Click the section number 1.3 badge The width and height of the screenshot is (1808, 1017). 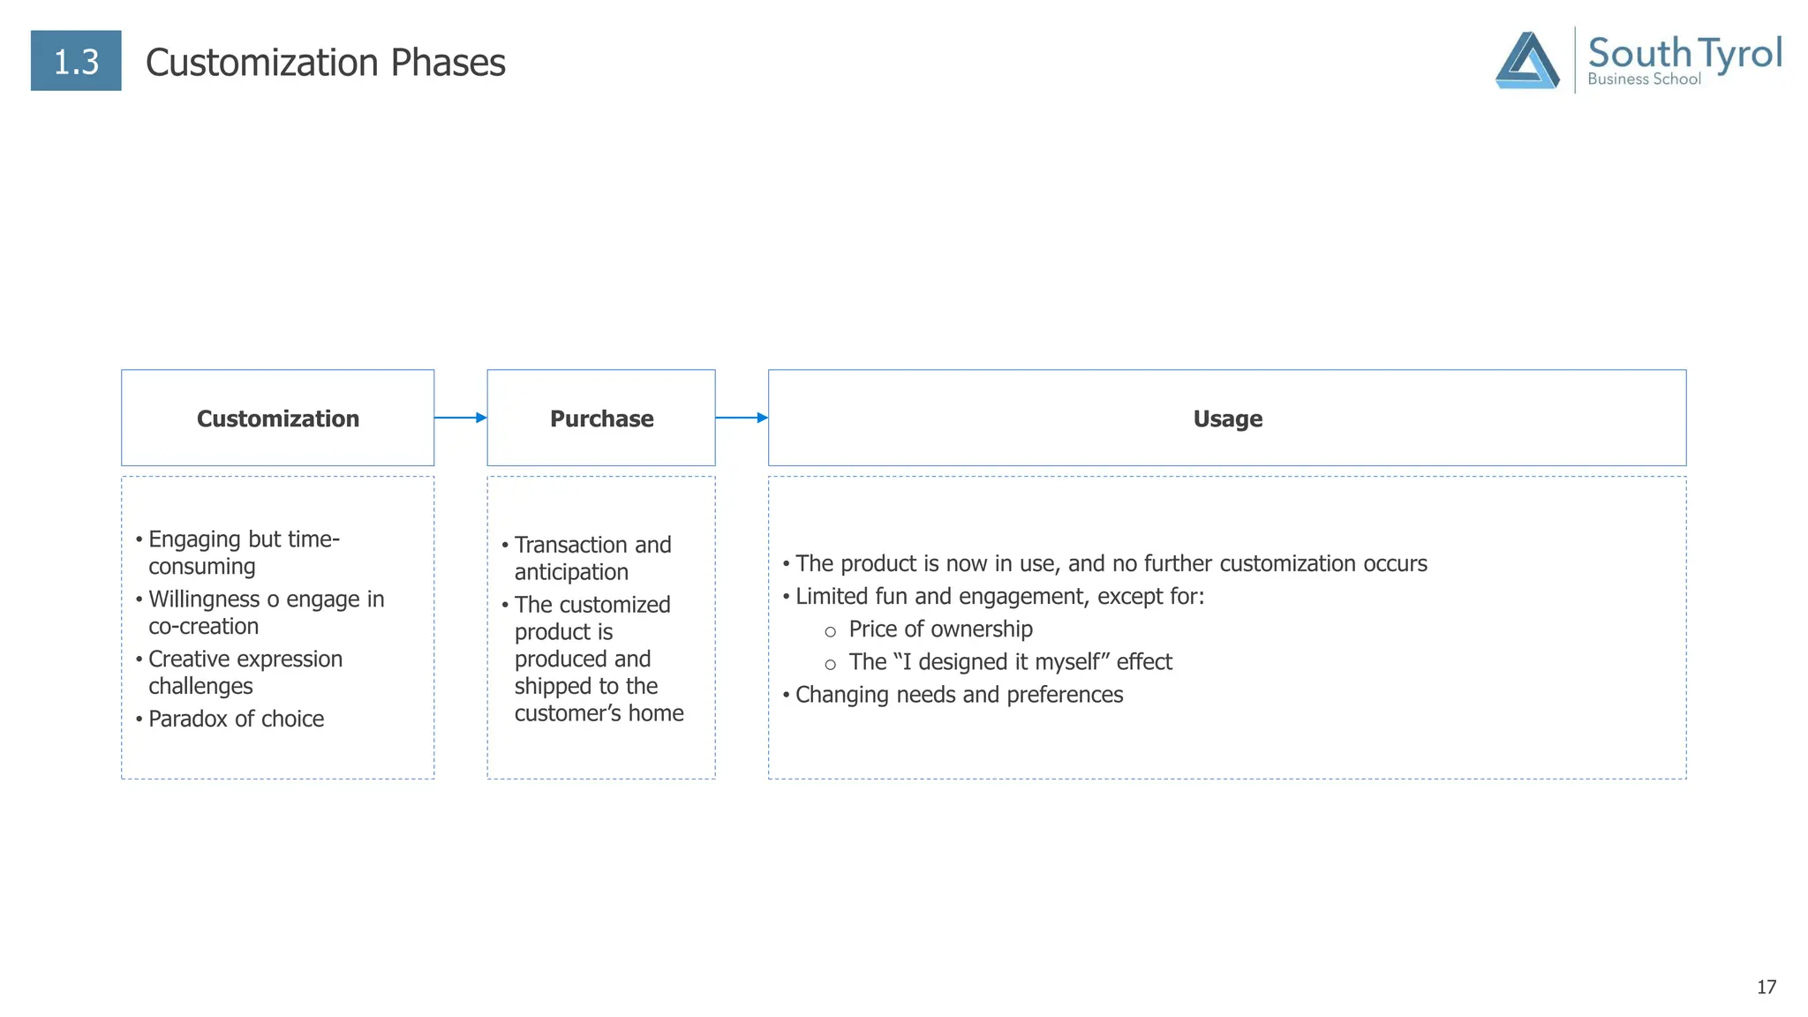(x=76, y=61)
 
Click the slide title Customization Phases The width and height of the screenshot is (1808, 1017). (x=325, y=63)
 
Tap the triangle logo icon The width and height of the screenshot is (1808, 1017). (x=1526, y=61)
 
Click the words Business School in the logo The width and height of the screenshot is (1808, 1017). (x=1644, y=79)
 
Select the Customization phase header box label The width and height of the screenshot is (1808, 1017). (x=277, y=418)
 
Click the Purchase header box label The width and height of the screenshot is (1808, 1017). (x=601, y=418)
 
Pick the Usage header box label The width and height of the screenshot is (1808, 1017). (x=1227, y=418)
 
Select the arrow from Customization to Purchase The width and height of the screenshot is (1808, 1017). (x=460, y=418)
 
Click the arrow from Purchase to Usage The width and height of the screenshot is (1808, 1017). (x=741, y=418)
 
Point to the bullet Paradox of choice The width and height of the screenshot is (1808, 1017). (x=236, y=719)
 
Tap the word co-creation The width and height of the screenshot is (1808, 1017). (x=203, y=626)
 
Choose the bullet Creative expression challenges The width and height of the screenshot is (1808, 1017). (x=245, y=672)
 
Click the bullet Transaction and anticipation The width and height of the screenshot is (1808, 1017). (x=591, y=558)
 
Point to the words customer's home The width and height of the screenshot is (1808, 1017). (x=599, y=712)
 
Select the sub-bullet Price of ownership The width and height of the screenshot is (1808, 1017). (x=940, y=629)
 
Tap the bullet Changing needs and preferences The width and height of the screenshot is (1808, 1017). (x=959, y=695)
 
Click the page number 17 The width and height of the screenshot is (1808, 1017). (x=1766, y=987)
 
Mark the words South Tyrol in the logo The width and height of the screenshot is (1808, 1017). (x=1684, y=53)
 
